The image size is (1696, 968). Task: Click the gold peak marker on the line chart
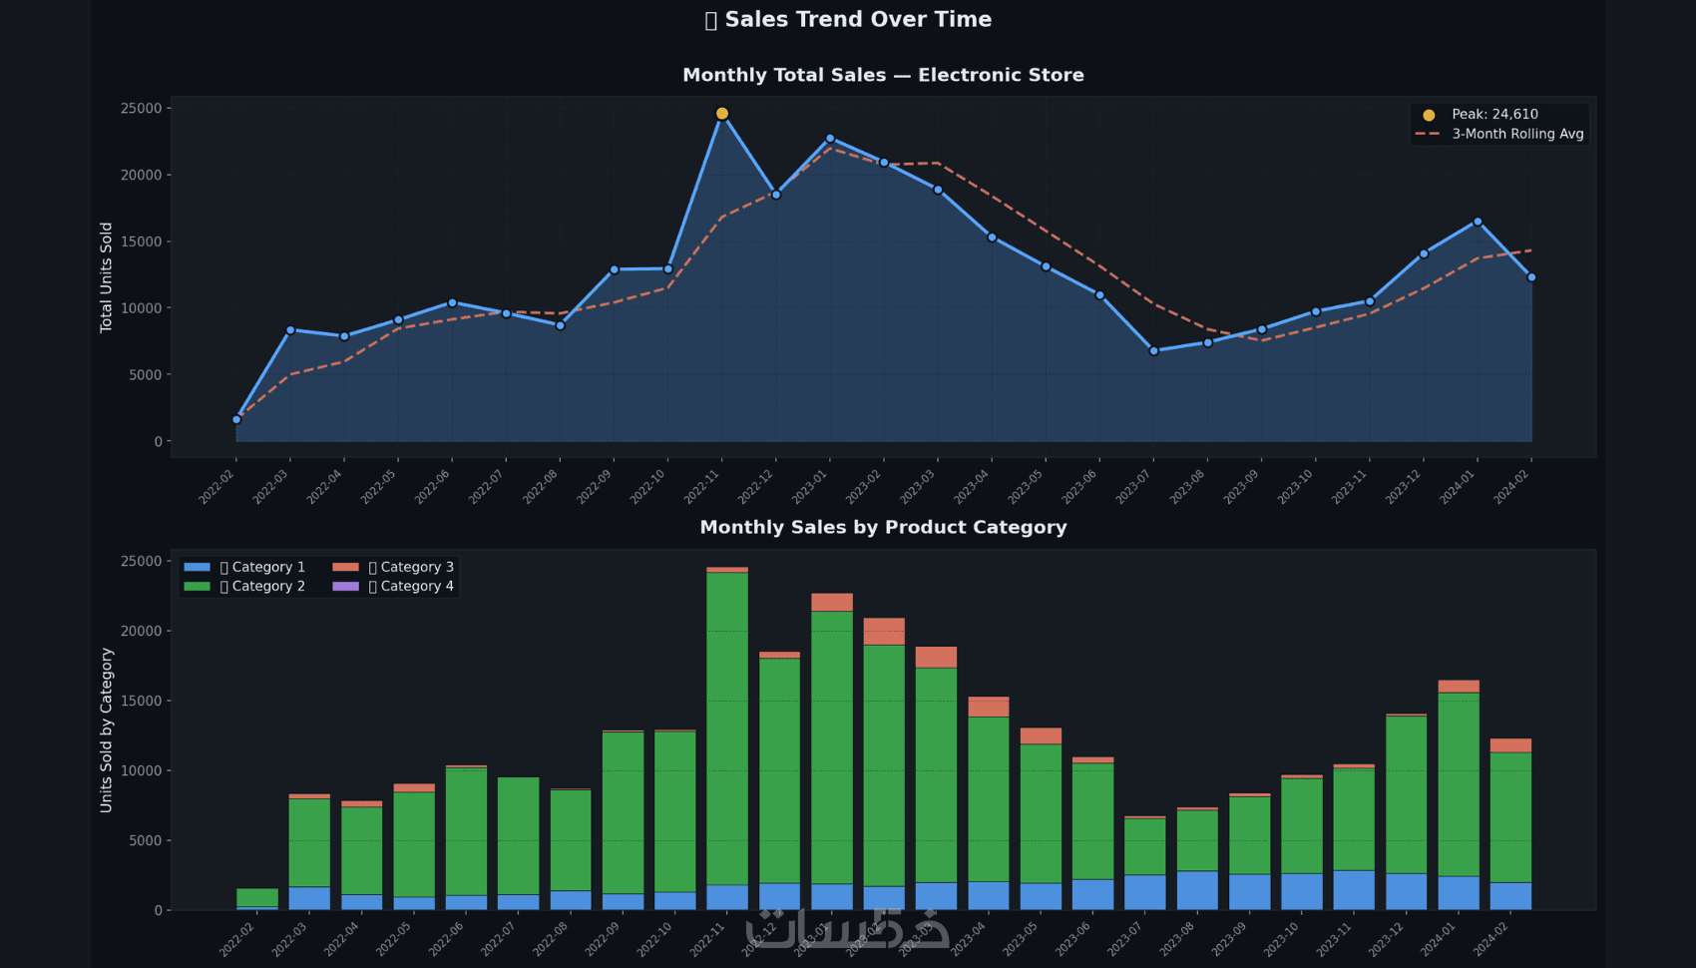tap(722, 114)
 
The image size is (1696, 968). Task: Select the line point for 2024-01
tap(1478, 222)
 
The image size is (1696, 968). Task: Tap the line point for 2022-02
tap(236, 420)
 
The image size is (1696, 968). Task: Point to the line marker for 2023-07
tap(1154, 351)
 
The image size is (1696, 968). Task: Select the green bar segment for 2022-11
tap(727, 728)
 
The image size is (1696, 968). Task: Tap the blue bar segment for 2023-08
tap(1197, 890)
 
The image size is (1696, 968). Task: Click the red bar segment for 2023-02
tap(884, 632)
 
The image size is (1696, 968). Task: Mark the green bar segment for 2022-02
tap(257, 897)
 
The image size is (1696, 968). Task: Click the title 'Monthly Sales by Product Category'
tap(883, 527)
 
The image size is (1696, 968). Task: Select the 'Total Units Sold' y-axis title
tap(107, 277)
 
